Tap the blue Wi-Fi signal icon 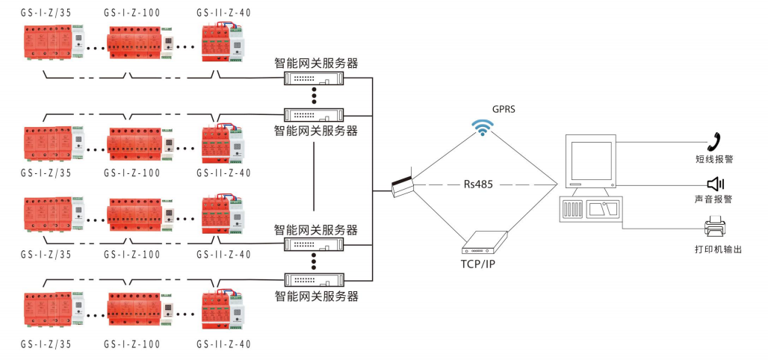click(483, 128)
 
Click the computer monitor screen click(589, 160)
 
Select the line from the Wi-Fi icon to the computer click(523, 157)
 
